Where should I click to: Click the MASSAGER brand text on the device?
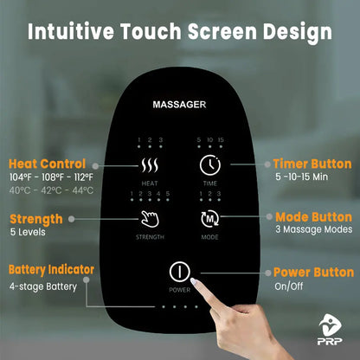pos(179,104)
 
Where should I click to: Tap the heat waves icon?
pos(149,165)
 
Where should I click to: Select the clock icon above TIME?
pos(209,165)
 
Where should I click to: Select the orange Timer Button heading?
pos(312,164)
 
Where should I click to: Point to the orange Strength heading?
pos(35,219)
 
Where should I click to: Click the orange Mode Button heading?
pos(312,218)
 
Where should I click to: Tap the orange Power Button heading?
pos(312,271)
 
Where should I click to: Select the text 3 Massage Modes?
pos(310,232)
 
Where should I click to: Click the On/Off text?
pos(287,286)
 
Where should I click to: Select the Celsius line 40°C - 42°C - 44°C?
pos(50,190)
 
